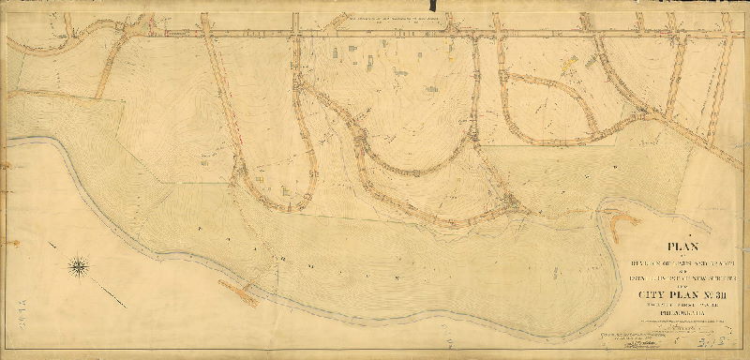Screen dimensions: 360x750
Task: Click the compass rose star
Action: pyautogui.click(x=79, y=268)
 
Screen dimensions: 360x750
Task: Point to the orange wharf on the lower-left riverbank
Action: pyautogui.click(x=246, y=292)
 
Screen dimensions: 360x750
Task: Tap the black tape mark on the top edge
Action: pyautogui.click(x=430, y=12)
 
